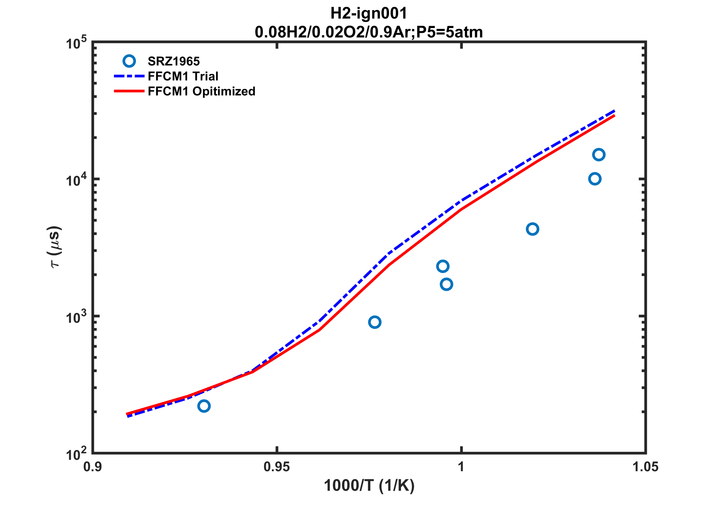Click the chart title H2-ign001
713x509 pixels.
369,14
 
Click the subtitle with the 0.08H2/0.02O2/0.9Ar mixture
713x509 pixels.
369,32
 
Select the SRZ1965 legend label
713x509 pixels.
173,61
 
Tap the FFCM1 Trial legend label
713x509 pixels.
183,76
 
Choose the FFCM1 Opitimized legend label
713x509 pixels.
201,91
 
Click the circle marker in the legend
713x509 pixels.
129,61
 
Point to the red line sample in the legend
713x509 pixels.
129,91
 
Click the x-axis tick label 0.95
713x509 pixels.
276,467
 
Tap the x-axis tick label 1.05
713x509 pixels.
645,467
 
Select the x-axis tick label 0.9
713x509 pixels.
93,467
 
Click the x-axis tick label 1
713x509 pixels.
461,467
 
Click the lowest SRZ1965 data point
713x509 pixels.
204,406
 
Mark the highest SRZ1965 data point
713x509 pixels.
599,155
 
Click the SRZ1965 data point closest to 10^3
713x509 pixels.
375,322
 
